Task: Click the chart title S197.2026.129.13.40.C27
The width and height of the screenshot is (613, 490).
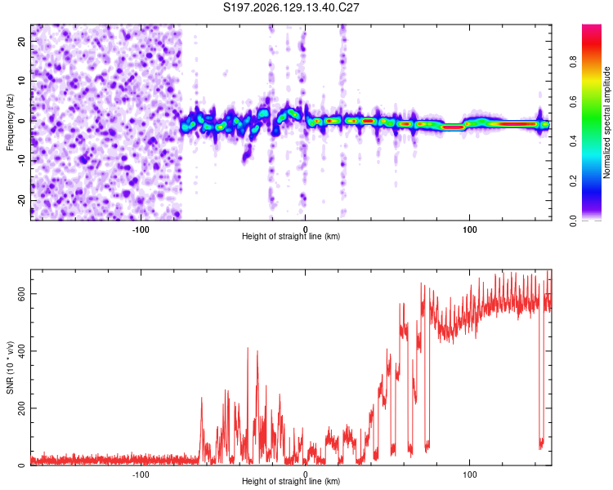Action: (291, 7)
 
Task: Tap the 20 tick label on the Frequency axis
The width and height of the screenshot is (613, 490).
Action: (22, 42)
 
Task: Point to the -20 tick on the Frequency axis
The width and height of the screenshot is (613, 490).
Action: (22, 200)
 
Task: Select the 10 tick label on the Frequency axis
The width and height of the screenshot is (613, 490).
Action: (22, 82)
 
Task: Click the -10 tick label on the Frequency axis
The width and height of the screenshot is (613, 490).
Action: (22, 161)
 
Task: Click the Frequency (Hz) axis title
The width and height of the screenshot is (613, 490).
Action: (10, 122)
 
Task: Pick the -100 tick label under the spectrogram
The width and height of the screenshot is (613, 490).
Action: (141, 229)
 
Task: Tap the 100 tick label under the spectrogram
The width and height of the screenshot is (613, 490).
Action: (469, 229)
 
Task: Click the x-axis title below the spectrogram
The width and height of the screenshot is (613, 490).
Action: (291, 236)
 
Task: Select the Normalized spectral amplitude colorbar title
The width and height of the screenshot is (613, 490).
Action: (606, 122)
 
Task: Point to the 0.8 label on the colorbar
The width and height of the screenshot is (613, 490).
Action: (574, 62)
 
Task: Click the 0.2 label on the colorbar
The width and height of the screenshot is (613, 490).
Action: (574, 181)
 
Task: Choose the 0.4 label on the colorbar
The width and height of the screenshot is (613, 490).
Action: (574, 141)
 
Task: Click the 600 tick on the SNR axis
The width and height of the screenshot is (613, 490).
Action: (22, 294)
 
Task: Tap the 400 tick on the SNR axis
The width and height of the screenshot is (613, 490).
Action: (22, 351)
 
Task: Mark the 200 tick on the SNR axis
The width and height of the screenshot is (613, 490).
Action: (22, 408)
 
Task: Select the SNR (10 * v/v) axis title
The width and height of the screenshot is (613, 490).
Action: (10, 367)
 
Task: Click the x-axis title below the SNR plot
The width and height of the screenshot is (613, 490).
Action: (291, 481)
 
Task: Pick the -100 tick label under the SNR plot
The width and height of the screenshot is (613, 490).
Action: (141, 474)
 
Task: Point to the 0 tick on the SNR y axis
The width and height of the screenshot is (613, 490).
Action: (22, 465)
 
